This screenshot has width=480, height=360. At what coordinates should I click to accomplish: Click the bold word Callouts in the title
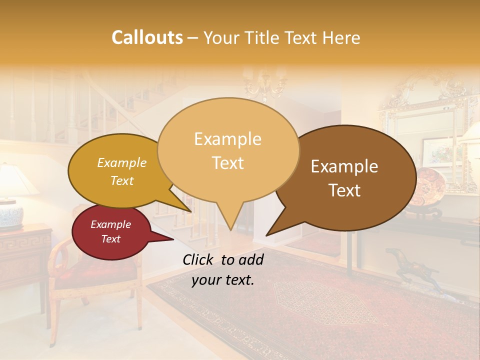pos(147,37)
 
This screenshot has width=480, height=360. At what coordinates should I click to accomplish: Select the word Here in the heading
pos(341,37)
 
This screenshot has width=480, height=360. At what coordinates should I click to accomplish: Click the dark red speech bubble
pos(110,232)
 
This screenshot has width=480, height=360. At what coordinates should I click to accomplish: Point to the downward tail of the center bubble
pos(229,217)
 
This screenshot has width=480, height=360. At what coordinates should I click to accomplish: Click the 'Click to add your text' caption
pos(223,269)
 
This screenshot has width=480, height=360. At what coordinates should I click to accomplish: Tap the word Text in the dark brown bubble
pos(345,190)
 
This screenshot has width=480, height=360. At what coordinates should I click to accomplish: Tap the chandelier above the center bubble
pos(265,82)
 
